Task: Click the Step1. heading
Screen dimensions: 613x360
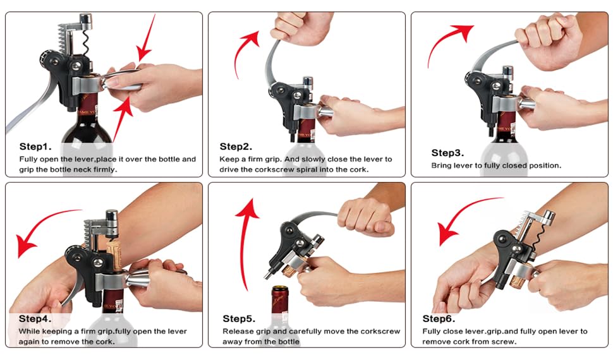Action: point(35,147)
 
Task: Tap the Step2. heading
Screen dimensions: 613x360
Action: point(236,147)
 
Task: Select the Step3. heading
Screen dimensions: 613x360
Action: point(447,153)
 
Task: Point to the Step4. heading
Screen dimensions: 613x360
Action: point(35,318)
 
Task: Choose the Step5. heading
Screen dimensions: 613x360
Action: point(239,318)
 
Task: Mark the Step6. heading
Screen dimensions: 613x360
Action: point(439,318)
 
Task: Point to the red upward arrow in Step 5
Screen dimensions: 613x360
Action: point(245,243)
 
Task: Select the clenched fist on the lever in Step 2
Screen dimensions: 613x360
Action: point(299,26)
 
